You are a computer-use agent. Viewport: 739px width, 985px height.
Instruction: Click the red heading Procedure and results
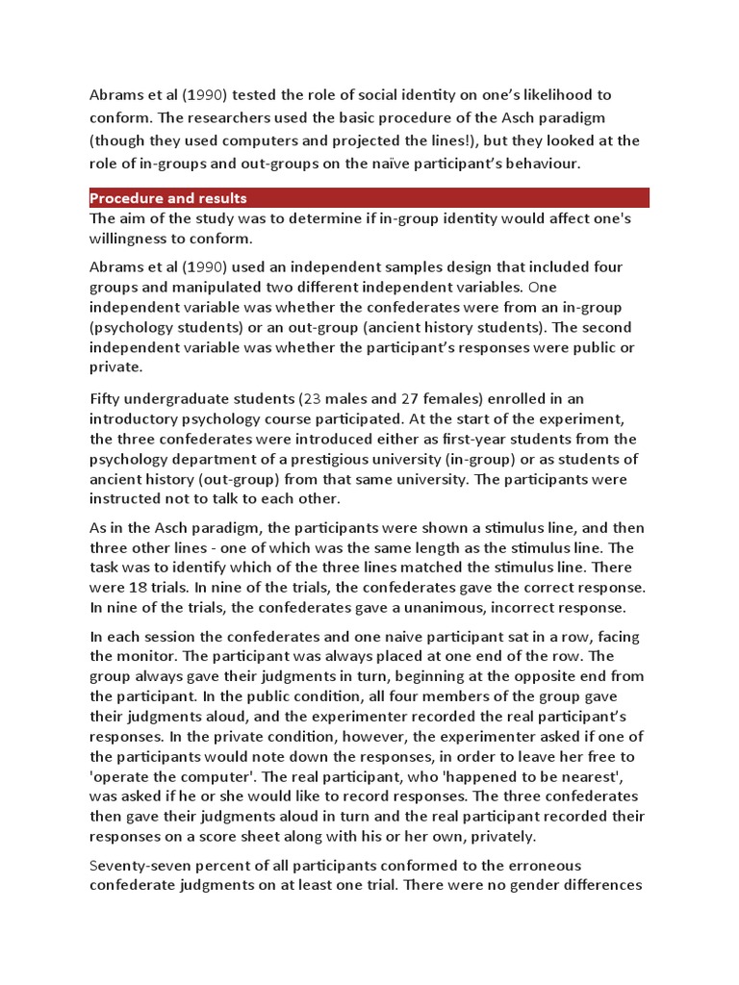[x=168, y=198]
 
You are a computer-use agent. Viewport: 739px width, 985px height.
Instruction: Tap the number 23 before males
[x=312, y=398]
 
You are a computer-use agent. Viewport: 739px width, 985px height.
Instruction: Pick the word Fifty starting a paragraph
[x=108, y=398]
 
